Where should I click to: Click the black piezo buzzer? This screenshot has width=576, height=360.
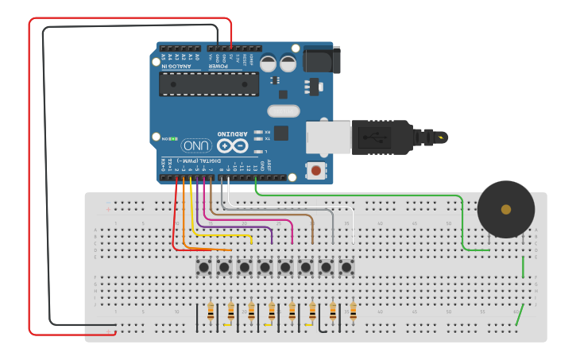505,209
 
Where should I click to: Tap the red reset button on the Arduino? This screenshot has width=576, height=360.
316,170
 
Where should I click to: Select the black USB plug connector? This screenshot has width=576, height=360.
381,137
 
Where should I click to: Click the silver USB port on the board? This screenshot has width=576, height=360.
328,137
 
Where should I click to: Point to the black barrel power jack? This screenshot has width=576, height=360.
322,60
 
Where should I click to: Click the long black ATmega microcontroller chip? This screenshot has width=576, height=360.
208,84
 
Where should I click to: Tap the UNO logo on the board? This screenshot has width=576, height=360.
196,145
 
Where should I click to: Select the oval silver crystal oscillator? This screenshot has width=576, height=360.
283,111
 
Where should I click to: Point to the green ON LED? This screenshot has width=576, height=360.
174,138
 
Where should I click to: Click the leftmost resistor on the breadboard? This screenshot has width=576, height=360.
211,311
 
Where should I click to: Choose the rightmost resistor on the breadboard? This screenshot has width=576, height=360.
353,311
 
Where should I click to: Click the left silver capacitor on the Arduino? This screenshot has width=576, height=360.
269,63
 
